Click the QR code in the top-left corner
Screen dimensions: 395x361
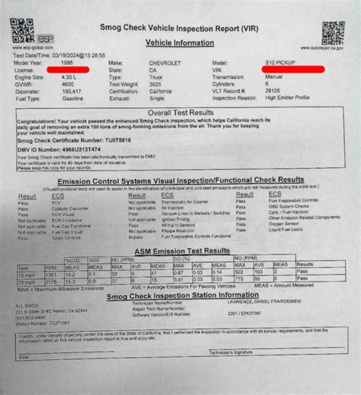click(22, 30)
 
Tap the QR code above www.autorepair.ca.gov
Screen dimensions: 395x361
click(333, 33)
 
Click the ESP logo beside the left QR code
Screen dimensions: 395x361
click(45, 38)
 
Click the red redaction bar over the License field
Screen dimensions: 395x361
click(68, 70)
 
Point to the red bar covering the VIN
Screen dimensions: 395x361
click(293, 69)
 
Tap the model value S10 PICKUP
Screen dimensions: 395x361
click(280, 63)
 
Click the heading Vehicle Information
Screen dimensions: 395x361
click(179, 43)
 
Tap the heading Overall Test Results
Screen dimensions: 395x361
click(180, 113)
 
